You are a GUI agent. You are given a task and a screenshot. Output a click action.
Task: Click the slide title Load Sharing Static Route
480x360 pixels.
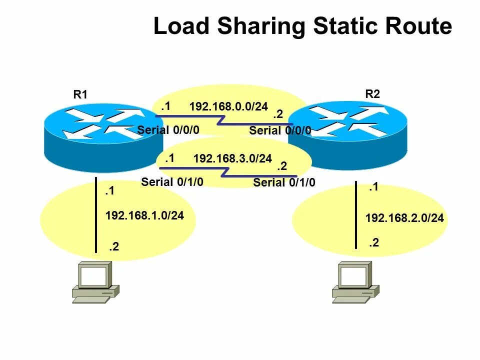point(302,26)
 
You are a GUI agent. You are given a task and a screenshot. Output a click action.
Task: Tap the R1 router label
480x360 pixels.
point(80,94)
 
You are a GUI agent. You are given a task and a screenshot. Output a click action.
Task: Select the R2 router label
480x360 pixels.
point(372,93)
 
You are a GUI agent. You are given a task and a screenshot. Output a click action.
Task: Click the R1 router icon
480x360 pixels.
point(95,135)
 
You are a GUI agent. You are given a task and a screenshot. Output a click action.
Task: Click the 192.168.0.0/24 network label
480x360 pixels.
point(228,106)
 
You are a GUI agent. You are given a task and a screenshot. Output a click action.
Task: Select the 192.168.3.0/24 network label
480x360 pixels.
point(232,158)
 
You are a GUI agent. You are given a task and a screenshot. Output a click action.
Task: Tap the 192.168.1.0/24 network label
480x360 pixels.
point(144,215)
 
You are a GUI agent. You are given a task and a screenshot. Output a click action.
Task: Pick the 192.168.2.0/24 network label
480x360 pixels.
point(404,218)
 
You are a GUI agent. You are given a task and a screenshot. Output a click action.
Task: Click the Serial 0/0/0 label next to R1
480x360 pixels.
point(168,130)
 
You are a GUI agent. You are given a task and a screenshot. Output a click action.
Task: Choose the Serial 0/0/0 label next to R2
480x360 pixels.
point(280,130)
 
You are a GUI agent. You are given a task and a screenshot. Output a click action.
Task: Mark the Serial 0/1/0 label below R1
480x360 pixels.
point(172,182)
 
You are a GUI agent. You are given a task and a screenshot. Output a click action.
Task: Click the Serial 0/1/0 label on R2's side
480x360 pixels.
point(284,182)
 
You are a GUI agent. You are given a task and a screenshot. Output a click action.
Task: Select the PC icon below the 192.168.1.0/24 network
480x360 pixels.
point(95,283)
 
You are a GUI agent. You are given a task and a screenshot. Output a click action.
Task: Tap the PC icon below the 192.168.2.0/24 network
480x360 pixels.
point(355,282)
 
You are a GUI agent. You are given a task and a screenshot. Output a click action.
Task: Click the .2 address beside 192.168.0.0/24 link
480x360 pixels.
point(278,114)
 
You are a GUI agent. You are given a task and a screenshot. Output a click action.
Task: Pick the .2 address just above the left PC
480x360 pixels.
point(114,246)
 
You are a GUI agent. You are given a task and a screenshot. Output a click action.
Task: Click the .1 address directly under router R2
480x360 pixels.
point(373,187)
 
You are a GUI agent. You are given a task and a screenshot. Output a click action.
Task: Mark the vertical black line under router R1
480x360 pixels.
point(96,215)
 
